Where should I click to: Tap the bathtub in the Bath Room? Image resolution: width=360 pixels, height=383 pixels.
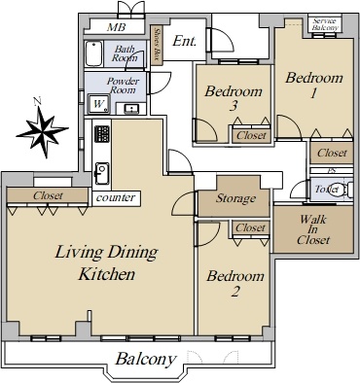tap(94, 53)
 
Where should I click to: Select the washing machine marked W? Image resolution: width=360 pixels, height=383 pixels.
tap(99, 104)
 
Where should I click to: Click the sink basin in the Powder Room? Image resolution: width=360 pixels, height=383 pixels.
tap(131, 108)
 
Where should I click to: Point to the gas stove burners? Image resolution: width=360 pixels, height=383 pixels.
tap(102, 134)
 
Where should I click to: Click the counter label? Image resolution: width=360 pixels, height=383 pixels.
tap(116, 197)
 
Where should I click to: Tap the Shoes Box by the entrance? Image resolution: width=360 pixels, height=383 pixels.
tap(157, 46)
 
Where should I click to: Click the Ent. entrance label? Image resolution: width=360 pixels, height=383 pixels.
tap(185, 41)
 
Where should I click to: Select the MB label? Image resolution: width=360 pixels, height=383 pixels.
tap(116, 27)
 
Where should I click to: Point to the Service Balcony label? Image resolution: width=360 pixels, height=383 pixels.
tap(325, 24)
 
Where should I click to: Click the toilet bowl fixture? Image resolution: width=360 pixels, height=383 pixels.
tap(348, 190)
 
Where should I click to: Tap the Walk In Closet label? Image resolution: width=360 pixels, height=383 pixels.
tap(313, 229)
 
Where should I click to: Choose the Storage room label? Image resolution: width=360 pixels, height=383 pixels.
tap(235, 198)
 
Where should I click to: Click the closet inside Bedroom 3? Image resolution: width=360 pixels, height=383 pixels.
tap(251, 134)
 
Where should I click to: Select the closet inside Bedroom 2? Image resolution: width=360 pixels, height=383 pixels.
tap(251, 227)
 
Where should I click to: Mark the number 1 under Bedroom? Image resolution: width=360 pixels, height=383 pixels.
tap(313, 93)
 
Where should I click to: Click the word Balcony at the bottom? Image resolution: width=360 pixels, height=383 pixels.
tap(146, 359)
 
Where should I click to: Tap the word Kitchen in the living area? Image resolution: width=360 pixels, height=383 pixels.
tap(107, 274)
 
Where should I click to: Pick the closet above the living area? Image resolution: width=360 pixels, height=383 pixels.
tap(48, 195)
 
